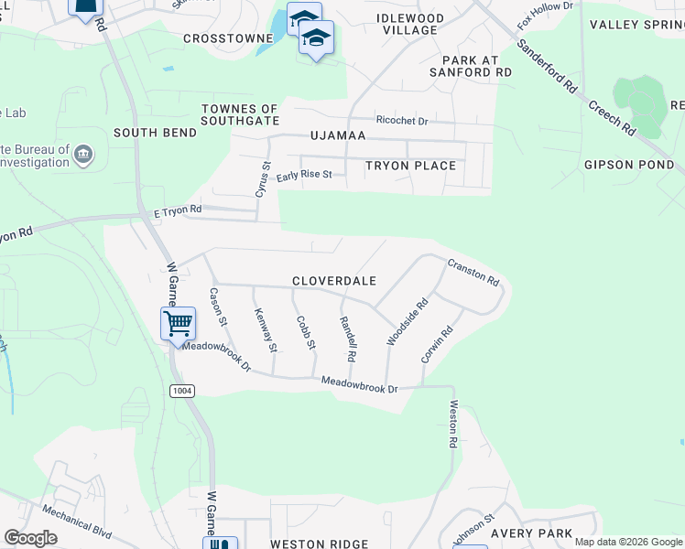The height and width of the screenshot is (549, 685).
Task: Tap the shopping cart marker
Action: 178,323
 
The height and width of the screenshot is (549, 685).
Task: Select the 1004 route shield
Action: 181,391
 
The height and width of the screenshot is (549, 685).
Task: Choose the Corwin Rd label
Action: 437,345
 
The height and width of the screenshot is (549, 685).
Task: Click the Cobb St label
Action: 306,333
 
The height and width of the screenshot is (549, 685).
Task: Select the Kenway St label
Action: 266,329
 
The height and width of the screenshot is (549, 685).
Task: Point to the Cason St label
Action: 218,308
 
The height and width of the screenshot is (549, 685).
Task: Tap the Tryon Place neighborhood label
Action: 410,166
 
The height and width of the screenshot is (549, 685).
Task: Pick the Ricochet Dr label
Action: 402,120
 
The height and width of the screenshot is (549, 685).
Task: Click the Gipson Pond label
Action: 629,166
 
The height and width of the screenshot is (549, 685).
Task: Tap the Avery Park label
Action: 531,533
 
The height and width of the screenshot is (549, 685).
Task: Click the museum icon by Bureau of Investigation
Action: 82,153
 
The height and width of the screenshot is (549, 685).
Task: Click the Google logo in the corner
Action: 30,538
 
